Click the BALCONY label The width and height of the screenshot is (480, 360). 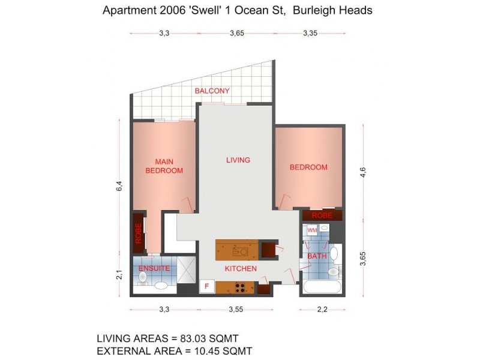(212, 91)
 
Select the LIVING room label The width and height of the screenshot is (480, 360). (238, 160)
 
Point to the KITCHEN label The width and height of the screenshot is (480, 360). (241, 269)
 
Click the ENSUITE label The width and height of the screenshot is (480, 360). (155, 268)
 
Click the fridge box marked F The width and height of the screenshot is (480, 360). (207, 286)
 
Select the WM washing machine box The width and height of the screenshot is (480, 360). (312, 230)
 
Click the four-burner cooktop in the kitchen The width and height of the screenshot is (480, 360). (242, 287)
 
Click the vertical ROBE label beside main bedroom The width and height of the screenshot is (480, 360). (139, 232)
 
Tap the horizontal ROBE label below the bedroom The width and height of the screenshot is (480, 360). (322, 215)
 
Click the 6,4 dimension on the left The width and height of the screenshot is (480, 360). (119, 185)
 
